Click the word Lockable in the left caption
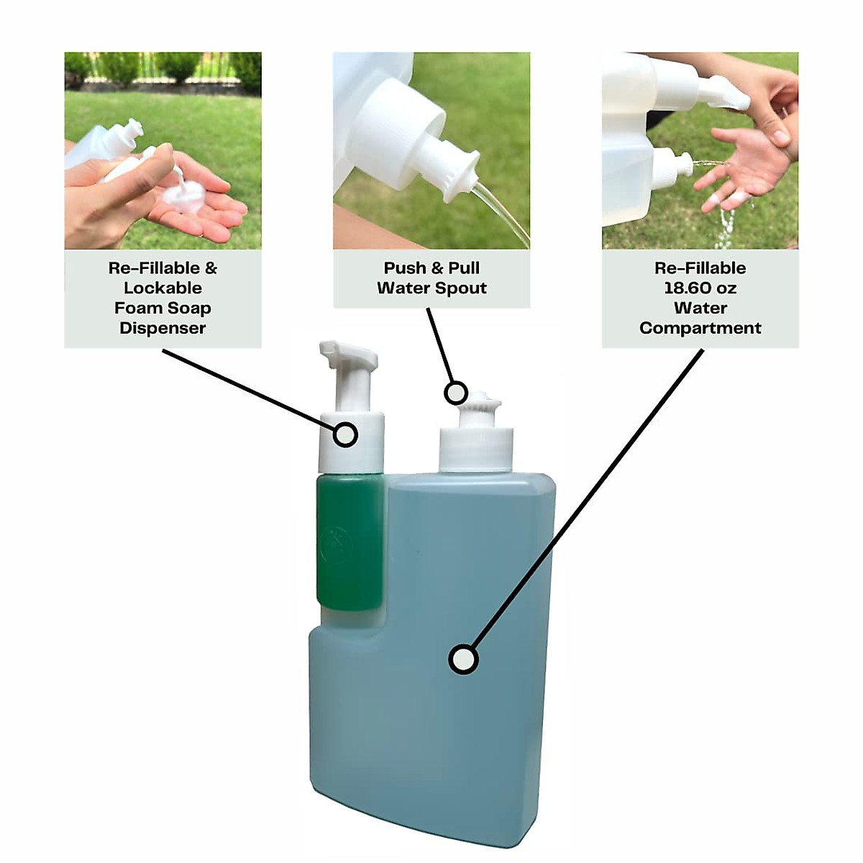pyautogui.click(x=163, y=288)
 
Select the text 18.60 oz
pyautogui.click(x=700, y=288)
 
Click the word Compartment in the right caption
pyautogui.click(x=700, y=328)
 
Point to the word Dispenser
pyautogui.click(x=163, y=328)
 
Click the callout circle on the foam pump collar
pyautogui.click(x=346, y=434)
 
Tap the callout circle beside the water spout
pyautogui.click(x=455, y=393)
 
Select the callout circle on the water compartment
pyautogui.click(x=463, y=659)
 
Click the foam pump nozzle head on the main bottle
pyautogui.click(x=348, y=355)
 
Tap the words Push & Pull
pyautogui.click(x=431, y=268)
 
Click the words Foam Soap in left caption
pyautogui.click(x=163, y=308)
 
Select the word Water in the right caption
pyautogui.click(x=700, y=308)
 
